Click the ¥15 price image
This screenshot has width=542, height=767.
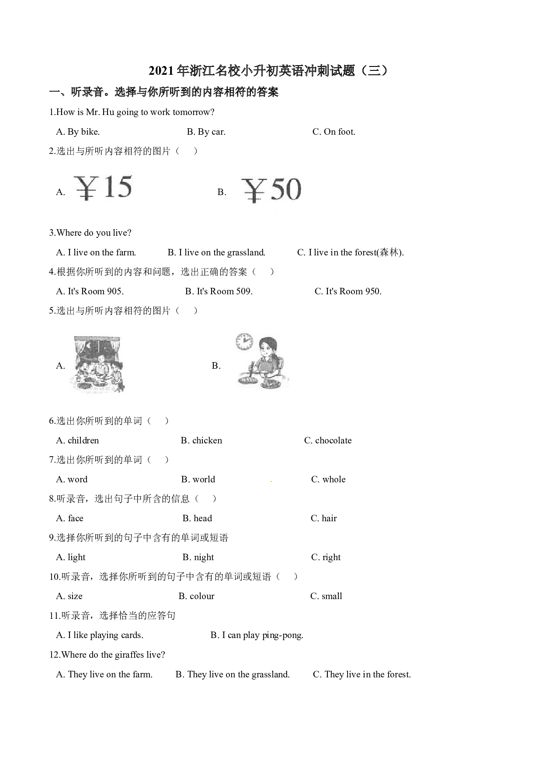point(103,188)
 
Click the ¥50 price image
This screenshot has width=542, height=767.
point(271,190)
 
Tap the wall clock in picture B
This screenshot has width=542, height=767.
point(244,342)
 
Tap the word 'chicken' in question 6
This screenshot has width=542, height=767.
point(207,440)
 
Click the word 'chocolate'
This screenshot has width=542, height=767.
point(334,440)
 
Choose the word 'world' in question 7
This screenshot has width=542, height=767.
point(204,479)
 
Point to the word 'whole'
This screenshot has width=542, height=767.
point(334,479)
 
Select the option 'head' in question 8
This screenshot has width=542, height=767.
point(203,518)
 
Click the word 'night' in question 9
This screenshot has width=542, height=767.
point(204,557)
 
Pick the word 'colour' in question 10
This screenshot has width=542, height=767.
point(202,596)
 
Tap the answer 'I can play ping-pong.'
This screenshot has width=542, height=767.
point(263,635)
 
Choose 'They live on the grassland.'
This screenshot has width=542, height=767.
point(239,674)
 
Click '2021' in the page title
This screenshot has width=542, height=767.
point(162,71)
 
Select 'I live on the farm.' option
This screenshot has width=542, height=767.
point(102,252)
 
